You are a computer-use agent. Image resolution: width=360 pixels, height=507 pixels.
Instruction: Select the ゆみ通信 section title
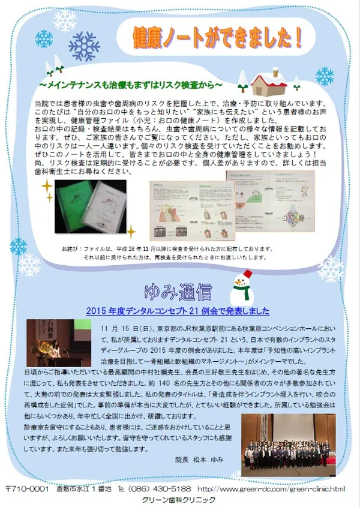178,293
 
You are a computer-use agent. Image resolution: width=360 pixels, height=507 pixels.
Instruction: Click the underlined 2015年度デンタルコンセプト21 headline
178,312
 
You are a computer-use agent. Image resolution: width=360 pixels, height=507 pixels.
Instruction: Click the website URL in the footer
271,489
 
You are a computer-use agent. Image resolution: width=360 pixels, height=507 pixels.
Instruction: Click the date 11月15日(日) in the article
129,328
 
